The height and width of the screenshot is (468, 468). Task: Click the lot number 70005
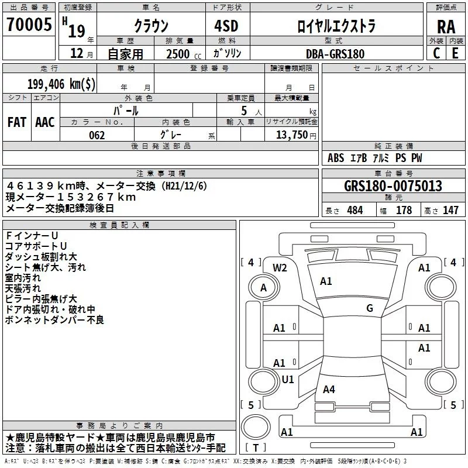29,24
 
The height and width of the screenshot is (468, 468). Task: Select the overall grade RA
446,27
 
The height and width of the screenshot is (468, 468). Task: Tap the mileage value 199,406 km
61,84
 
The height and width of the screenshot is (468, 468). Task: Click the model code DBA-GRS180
335,54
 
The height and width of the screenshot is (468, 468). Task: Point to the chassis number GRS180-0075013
393,185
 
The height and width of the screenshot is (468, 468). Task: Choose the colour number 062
97,135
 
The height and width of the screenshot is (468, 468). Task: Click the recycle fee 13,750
292,135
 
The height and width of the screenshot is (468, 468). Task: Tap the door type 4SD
226,26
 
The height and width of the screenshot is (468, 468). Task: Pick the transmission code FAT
17,122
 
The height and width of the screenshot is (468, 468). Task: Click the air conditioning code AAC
45,122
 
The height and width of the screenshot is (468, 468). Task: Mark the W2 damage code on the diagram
280,268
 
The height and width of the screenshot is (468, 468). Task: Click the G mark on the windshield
370,308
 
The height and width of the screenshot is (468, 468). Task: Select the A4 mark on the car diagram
329,389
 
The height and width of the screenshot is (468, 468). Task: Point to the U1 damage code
288,379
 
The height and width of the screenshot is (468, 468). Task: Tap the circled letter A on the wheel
263,288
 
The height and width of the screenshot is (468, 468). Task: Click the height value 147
450,210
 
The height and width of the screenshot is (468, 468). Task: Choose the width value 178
404,210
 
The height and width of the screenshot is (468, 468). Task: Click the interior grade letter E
455,53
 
